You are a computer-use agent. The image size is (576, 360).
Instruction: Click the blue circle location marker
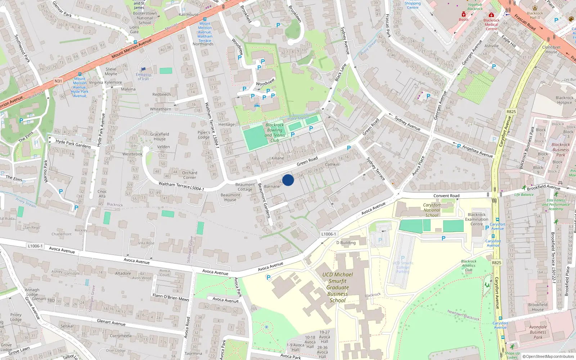[x=288, y=180]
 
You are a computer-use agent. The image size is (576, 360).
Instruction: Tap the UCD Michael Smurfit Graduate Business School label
[x=337, y=287]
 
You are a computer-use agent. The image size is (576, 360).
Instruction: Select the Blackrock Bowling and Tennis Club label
[x=275, y=132]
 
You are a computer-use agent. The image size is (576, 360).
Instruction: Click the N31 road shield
[x=58, y=81]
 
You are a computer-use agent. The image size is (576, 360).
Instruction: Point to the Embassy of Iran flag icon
[x=143, y=69]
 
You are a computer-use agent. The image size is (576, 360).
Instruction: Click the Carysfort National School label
[x=432, y=210]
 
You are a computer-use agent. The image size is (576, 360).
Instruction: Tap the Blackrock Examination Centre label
[x=477, y=219]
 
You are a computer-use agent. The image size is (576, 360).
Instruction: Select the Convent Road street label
[x=446, y=196]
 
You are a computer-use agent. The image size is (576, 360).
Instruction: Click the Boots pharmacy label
[x=464, y=19]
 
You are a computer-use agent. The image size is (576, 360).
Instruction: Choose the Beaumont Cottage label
[x=245, y=187]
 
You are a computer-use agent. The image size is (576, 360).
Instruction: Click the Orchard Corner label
[x=189, y=175]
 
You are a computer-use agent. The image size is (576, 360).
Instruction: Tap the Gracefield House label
[x=159, y=136]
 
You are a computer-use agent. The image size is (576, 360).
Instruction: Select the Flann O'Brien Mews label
[x=171, y=297]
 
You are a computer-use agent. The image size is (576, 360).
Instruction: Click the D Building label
[x=346, y=243]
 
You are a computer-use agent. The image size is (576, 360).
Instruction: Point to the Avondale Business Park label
[x=538, y=332]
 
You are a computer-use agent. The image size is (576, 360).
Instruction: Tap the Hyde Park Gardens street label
[x=73, y=143]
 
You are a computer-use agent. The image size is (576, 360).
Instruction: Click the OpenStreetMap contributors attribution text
[x=550, y=357]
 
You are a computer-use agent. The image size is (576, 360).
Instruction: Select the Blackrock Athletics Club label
[x=469, y=266]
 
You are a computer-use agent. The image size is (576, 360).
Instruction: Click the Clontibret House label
[x=551, y=50]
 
